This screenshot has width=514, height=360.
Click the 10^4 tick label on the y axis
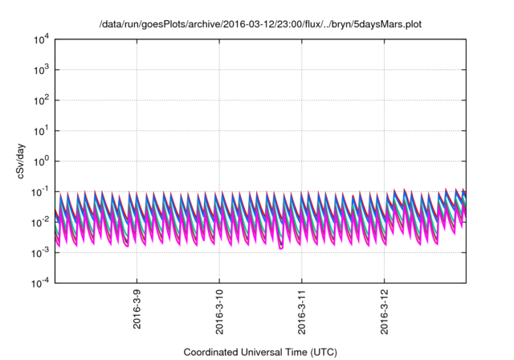[x=41, y=39]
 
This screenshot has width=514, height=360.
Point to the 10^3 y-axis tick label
[x=41, y=69]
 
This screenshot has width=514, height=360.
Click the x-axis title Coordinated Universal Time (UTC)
[x=260, y=352]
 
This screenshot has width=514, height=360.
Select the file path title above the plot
[x=260, y=25]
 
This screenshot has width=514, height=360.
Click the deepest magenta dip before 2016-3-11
[x=281, y=247]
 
